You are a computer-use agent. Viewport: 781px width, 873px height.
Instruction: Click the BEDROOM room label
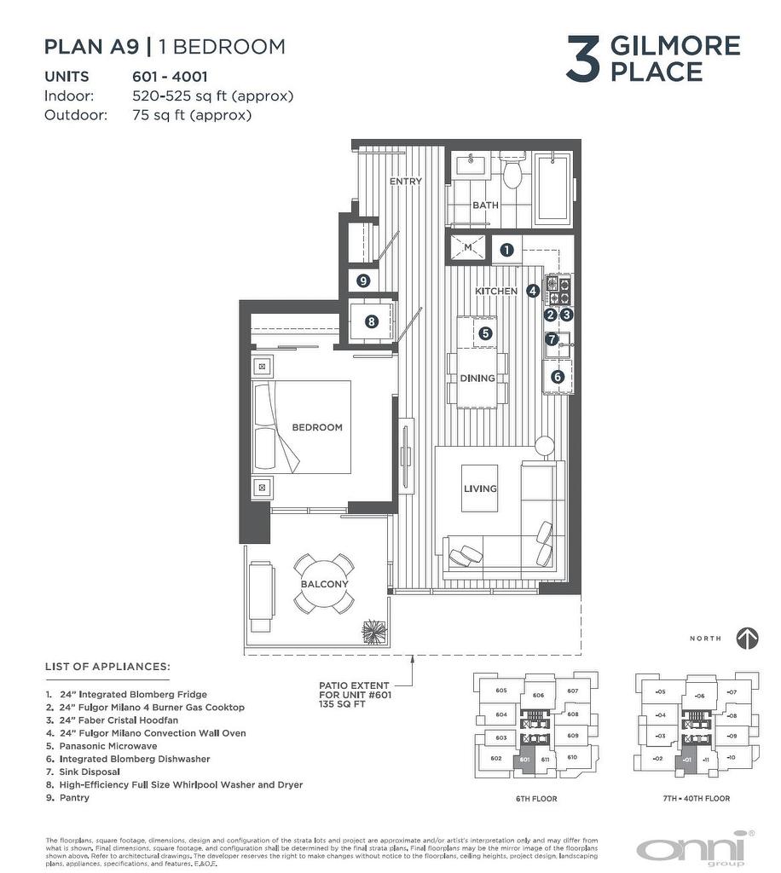coord(316,427)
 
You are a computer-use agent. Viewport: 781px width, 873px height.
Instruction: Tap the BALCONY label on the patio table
coord(324,584)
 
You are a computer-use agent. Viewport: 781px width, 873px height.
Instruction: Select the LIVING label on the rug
coord(480,489)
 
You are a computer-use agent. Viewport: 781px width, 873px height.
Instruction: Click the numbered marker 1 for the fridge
coord(506,250)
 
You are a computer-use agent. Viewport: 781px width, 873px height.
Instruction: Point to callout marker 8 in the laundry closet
coord(371,321)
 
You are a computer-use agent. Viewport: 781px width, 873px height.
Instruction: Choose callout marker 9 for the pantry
coord(363,280)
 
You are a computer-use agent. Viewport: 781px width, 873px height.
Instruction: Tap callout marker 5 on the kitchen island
coord(485,333)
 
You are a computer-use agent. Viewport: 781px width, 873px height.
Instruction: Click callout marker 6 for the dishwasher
coord(558,376)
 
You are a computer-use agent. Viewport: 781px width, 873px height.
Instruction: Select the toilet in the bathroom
coord(512,173)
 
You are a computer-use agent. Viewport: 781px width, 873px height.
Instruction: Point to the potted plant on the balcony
coord(373,632)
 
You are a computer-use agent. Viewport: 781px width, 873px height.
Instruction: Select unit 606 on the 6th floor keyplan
coord(538,696)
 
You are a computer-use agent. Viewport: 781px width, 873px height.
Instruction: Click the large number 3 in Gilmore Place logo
coord(584,59)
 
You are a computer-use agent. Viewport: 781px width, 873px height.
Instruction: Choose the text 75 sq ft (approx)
coord(192,115)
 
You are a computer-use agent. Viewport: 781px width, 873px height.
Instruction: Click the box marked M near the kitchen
coord(467,248)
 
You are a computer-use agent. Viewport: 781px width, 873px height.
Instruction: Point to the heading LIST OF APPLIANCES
coord(107,666)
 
